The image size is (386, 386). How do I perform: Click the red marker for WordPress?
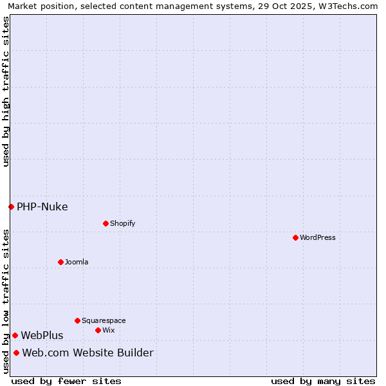(295, 237)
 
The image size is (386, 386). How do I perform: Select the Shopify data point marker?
(106, 223)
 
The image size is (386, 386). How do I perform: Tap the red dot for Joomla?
(60, 262)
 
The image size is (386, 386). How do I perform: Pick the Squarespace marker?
(77, 320)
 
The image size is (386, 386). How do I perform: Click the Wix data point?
(98, 330)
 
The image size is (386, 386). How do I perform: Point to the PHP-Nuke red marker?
(11, 207)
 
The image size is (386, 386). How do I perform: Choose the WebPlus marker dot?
(15, 335)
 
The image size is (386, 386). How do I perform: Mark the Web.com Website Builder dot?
(16, 353)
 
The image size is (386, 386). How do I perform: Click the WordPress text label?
(318, 237)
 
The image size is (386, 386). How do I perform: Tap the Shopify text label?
(122, 223)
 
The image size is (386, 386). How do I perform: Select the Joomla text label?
(77, 262)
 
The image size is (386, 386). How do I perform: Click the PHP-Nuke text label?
(42, 207)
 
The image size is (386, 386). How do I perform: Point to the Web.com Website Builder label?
(88, 353)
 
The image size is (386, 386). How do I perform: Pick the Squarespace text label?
(104, 320)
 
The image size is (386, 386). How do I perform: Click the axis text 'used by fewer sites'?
(66, 381)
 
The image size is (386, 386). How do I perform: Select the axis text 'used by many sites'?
(323, 381)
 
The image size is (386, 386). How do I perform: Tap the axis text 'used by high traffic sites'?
(6, 91)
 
